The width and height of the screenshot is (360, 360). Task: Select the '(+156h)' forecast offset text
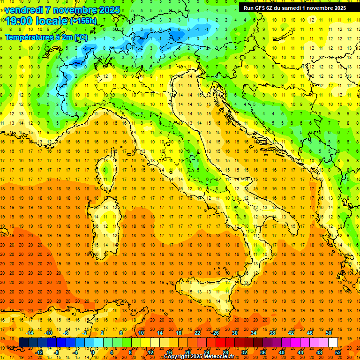[x=83, y=21]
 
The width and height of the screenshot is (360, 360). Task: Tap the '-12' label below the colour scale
[x=39, y=352]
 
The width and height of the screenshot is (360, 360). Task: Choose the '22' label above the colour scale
[x=197, y=333]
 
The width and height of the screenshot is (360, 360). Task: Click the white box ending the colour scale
[x=333, y=342]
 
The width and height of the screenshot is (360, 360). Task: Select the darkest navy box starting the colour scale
[x=23, y=342]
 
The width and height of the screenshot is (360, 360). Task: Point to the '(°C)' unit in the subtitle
[x=81, y=37]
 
